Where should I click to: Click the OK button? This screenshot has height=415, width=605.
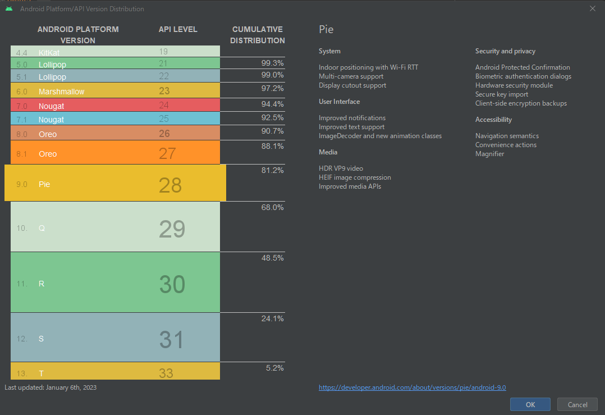[x=530, y=404]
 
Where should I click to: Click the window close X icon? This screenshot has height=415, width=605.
[x=593, y=8]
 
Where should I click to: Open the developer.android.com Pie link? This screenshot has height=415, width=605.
[x=412, y=387]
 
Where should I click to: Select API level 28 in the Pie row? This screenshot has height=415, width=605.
[x=170, y=185]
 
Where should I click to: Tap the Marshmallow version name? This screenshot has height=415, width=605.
[x=62, y=92]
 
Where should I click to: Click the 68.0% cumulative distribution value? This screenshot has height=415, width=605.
[x=272, y=208]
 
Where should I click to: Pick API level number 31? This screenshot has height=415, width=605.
[x=171, y=340]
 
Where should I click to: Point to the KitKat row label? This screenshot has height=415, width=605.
[x=49, y=52]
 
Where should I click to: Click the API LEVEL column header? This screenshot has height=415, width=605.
[x=178, y=29]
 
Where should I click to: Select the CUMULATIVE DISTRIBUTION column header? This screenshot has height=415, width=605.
[x=258, y=35]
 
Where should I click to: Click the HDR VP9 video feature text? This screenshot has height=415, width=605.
[x=341, y=168]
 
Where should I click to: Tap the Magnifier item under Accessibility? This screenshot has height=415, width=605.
[x=489, y=154]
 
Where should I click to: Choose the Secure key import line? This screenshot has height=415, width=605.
[x=502, y=94]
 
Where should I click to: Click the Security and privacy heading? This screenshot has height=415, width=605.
[x=505, y=51]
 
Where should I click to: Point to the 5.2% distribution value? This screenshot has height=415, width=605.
[x=274, y=368]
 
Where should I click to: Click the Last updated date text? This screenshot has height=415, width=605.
[x=47, y=387]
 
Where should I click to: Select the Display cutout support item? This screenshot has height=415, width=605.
[x=352, y=85]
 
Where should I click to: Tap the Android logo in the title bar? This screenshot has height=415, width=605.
[x=9, y=8]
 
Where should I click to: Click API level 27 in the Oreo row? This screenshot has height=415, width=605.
[x=167, y=153]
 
